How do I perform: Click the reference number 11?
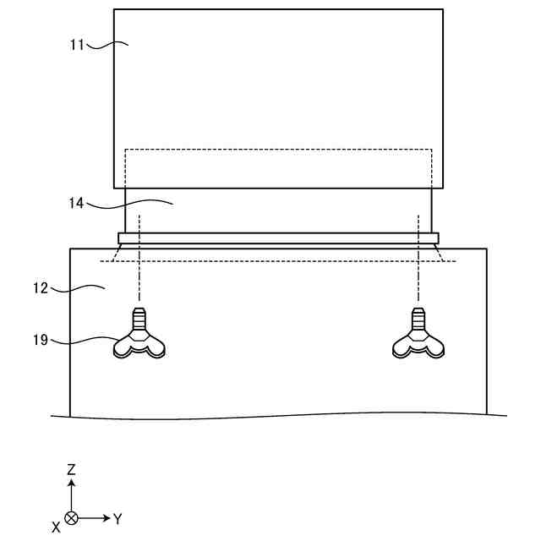click(78, 45)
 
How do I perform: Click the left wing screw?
click(139, 339)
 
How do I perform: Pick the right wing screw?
click(418, 339)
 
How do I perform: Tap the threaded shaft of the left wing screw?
click(139, 320)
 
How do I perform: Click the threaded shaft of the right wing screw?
click(418, 320)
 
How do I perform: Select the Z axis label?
click(72, 468)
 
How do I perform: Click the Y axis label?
click(117, 518)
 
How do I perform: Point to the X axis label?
click(56, 527)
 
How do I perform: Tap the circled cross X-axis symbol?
click(72, 517)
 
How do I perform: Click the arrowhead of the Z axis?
click(72, 484)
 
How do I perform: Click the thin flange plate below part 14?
click(278, 238)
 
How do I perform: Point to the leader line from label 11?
click(106, 46)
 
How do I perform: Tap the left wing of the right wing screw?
click(402, 346)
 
